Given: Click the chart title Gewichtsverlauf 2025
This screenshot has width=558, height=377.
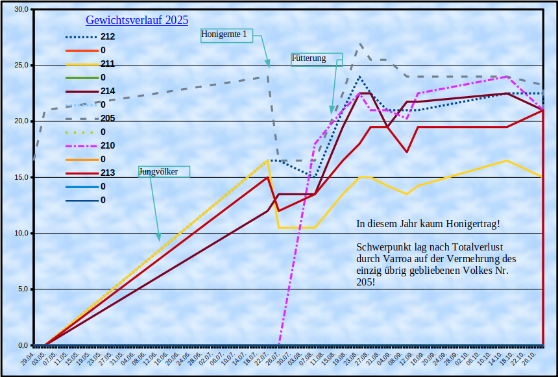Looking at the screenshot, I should point(137,20).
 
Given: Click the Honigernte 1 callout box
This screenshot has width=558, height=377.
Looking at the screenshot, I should point(224,34).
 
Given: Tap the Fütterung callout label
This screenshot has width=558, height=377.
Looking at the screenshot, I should point(309,58).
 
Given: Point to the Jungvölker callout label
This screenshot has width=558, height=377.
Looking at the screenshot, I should point(158,171).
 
